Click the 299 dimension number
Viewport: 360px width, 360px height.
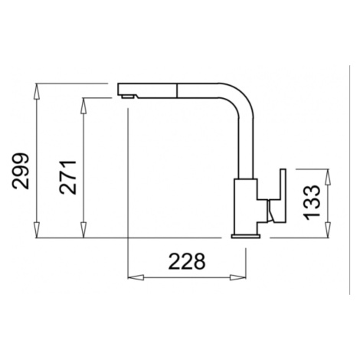(21, 171)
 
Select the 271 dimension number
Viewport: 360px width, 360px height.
(67, 178)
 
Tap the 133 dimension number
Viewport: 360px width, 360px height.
(312, 202)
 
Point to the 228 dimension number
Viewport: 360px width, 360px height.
(187, 261)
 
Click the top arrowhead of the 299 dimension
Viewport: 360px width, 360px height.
(38, 91)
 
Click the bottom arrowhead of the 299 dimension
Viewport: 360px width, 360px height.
(38, 231)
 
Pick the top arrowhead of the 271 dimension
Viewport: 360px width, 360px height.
(83, 106)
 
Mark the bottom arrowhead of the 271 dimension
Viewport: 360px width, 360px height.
(83, 231)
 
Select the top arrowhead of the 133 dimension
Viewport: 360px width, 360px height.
(328, 177)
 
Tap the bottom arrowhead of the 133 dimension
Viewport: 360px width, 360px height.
(328, 230)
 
